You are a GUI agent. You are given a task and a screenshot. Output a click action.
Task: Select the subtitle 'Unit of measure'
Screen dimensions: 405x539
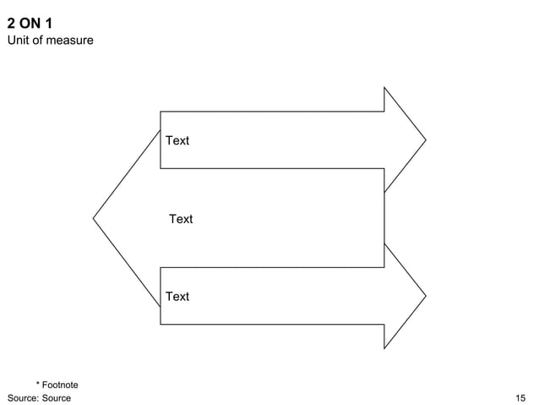coord(50,41)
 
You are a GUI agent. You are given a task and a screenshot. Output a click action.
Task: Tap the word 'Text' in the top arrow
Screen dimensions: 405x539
coord(177,140)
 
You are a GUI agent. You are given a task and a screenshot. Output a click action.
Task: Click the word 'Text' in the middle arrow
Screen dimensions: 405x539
coord(181,219)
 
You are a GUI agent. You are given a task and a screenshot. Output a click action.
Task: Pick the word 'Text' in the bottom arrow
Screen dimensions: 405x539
coord(177,296)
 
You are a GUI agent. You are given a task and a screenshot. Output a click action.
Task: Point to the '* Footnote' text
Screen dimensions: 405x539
coord(57,386)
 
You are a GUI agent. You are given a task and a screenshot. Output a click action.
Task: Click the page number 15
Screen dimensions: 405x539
coord(520,397)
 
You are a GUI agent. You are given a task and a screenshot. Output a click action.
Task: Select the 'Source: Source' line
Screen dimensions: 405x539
coord(39,397)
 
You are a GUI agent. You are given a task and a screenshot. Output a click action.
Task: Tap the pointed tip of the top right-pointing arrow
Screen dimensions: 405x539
coord(425,140)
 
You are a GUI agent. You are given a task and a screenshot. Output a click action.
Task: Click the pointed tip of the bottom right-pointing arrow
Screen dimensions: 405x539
coord(425,296)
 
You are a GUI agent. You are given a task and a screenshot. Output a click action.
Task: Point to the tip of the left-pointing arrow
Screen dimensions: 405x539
coord(94,219)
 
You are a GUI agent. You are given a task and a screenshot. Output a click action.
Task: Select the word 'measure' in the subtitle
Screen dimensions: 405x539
coord(71,41)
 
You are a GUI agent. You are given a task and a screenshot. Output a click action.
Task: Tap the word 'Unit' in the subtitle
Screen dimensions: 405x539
coord(19,41)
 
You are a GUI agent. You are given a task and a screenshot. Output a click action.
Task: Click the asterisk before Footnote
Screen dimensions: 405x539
coord(38,385)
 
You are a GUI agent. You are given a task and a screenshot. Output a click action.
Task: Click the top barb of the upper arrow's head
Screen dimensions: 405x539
coord(384,88)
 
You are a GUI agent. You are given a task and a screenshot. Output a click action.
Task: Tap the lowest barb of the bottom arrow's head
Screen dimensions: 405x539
coord(384,348)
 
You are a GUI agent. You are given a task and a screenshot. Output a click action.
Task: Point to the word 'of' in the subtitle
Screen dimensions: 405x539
coord(41,41)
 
